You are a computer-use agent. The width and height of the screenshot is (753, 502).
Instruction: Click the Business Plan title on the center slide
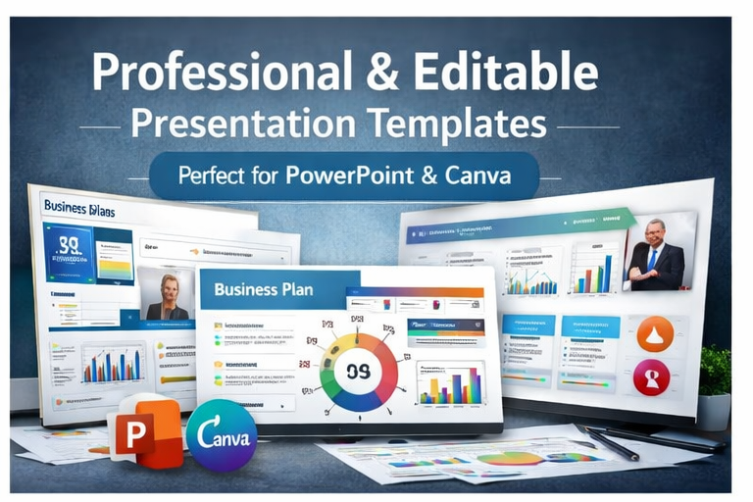261,289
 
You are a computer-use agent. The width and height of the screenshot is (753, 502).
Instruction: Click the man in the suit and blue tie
655,256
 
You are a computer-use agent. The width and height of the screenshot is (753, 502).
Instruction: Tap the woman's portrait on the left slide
168,293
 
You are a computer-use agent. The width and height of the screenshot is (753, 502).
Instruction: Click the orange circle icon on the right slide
654,333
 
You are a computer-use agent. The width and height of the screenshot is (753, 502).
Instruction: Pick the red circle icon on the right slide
651,377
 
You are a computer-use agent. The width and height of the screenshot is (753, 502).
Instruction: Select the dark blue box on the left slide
68,252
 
